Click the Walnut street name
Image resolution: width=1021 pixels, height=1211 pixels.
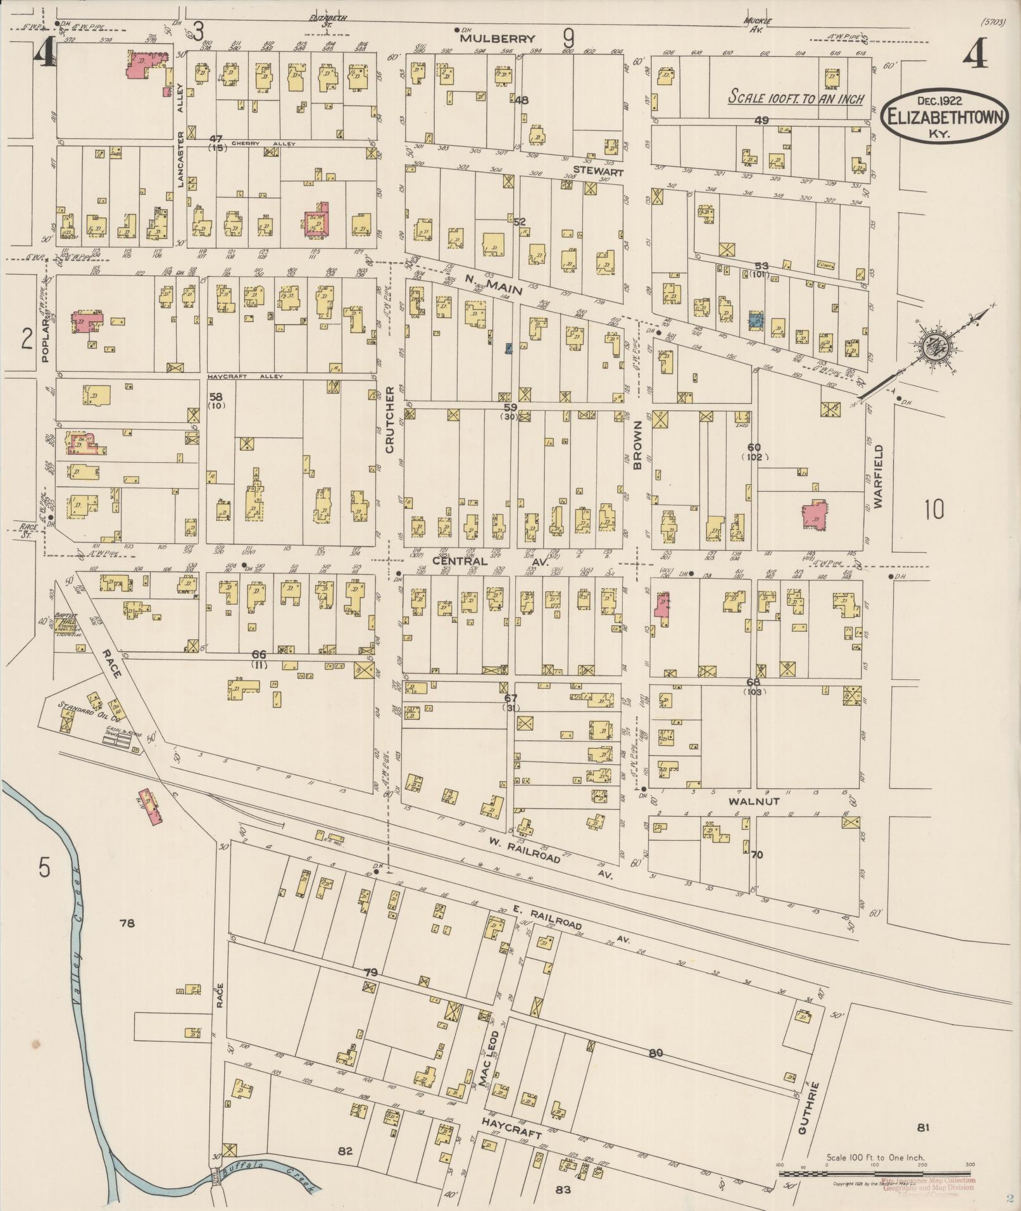(753, 801)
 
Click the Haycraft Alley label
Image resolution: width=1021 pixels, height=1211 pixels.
(246, 376)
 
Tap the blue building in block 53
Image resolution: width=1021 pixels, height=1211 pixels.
(755, 320)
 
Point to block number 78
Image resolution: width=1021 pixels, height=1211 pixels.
(127, 924)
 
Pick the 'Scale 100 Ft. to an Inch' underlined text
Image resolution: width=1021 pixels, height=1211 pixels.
(796, 97)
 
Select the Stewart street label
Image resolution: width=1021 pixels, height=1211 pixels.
(598, 172)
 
